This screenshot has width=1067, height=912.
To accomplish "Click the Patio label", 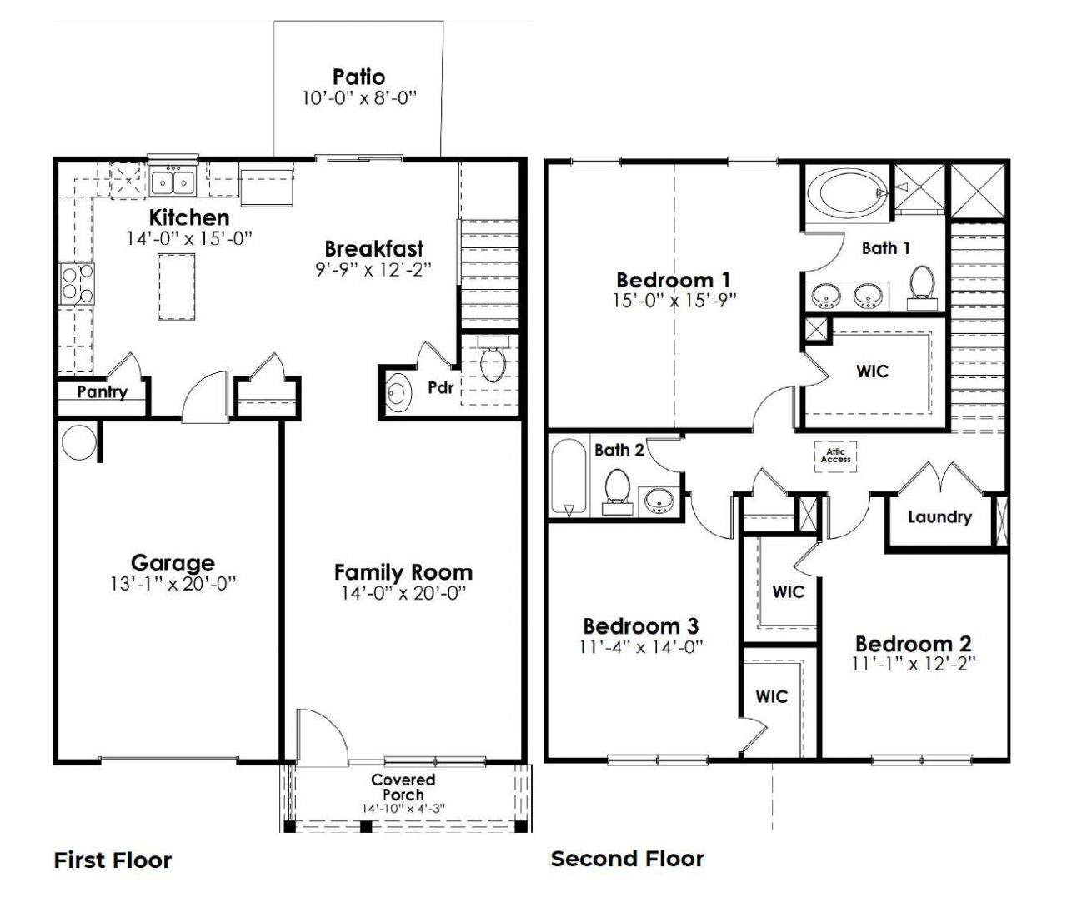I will tap(358, 77).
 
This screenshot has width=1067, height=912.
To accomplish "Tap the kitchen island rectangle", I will tap(176, 287).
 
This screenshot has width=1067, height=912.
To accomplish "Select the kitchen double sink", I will tap(172, 181).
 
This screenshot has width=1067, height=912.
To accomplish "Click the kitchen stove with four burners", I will tap(75, 282).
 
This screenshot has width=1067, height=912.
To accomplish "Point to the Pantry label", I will tap(102, 392).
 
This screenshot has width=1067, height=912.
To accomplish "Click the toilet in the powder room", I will tap(493, 359).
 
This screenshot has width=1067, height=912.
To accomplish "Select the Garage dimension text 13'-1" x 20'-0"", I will tap(173, 584).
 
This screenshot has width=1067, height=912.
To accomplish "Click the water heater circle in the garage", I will tap(78, 442).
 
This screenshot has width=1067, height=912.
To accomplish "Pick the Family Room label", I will tap(403, 572).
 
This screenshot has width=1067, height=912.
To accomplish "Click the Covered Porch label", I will tap(403, 787).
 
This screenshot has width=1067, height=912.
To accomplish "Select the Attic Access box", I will tap(835, 456).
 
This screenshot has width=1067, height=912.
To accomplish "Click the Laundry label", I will tap(939, 517).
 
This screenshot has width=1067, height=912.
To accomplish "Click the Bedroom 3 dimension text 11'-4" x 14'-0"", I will tap(641, 646).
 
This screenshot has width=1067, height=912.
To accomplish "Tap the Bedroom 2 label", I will tap(913, 644).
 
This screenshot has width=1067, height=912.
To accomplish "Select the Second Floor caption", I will tap(627, 859).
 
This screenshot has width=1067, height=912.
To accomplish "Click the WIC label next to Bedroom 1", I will tap(872, 371).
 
